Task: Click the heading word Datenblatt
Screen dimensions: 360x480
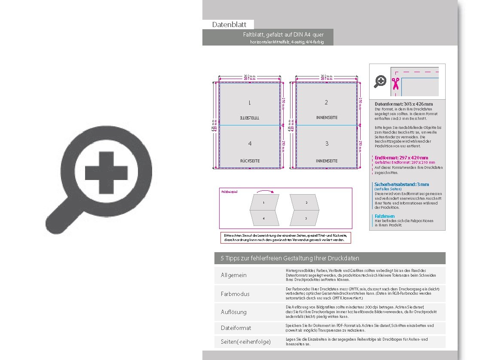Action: click(x=229, y=25)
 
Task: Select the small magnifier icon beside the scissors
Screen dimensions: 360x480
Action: click(x=380, y=81)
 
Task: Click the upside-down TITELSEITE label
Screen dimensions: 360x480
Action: click(x=250, y=117)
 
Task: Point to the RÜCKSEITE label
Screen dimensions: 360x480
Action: click(x=250, y=161)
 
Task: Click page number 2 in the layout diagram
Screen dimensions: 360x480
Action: click(x=326, y=102)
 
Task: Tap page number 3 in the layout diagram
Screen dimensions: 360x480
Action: click(x=326, y=143)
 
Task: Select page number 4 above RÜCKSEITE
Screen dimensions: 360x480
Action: click(x=250, y=143)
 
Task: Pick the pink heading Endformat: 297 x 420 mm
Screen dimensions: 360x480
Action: click(x=401, y=158)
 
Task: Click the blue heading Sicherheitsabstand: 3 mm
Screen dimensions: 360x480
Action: click(x=401, y=184)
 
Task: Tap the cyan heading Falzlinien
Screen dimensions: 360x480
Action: click(x=385, y=216)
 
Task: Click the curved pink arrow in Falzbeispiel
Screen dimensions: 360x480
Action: click(x=265, y=191)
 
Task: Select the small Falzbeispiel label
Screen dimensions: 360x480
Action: click(x=229, y=191)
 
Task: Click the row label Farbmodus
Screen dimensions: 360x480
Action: click(x=235, y=294)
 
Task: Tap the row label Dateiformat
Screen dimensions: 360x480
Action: click(x=236, y=328)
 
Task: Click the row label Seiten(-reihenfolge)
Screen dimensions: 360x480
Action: click(x=245, y=342)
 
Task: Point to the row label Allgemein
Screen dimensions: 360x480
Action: click(x=234, y=275)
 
